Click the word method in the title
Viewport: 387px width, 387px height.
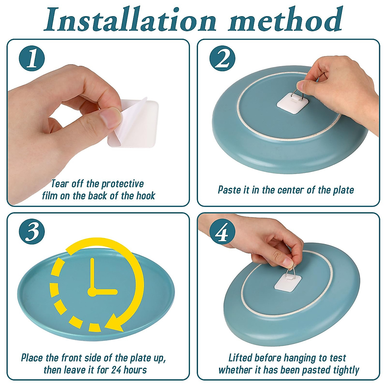pyautogui.click(x=285, y=20)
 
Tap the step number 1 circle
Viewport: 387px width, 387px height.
pyautogui.click(x=32, y=58)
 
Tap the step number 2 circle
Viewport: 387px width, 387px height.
pyautogui.click(x=222, y=58)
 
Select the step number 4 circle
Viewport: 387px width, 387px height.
pyautogui.click(x=222, y=232)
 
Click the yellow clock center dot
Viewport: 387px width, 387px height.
pyautogui.click(x=92, y=293)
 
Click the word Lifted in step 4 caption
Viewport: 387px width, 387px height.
pyautogui.click(x=240, y=358)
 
